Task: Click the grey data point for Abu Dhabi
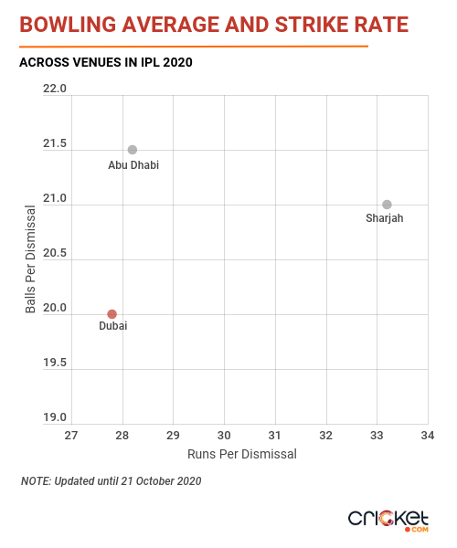coord(133,150)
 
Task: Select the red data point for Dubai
coord(112,314)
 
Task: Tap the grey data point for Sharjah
coord(387,205)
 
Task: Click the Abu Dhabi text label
coord(133,165)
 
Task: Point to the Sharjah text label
coord(384,218)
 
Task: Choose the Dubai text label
coord(113,326)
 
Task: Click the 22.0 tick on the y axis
coord(55,89)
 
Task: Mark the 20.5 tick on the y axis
coord(55,253)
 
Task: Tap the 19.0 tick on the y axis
coord(55,417)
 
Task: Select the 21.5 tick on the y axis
coord(55,143)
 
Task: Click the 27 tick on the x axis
coord(71,436)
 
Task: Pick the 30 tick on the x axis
coord(224,436)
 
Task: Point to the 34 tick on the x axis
coord(428,436)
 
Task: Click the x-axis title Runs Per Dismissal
coord(242,454)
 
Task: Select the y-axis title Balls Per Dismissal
coord(30,259)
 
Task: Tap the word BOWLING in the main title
coord(68,25)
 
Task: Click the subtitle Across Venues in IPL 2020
coord(106,62)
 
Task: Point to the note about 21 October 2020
coord(112,481)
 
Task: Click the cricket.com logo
coord(388,521)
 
